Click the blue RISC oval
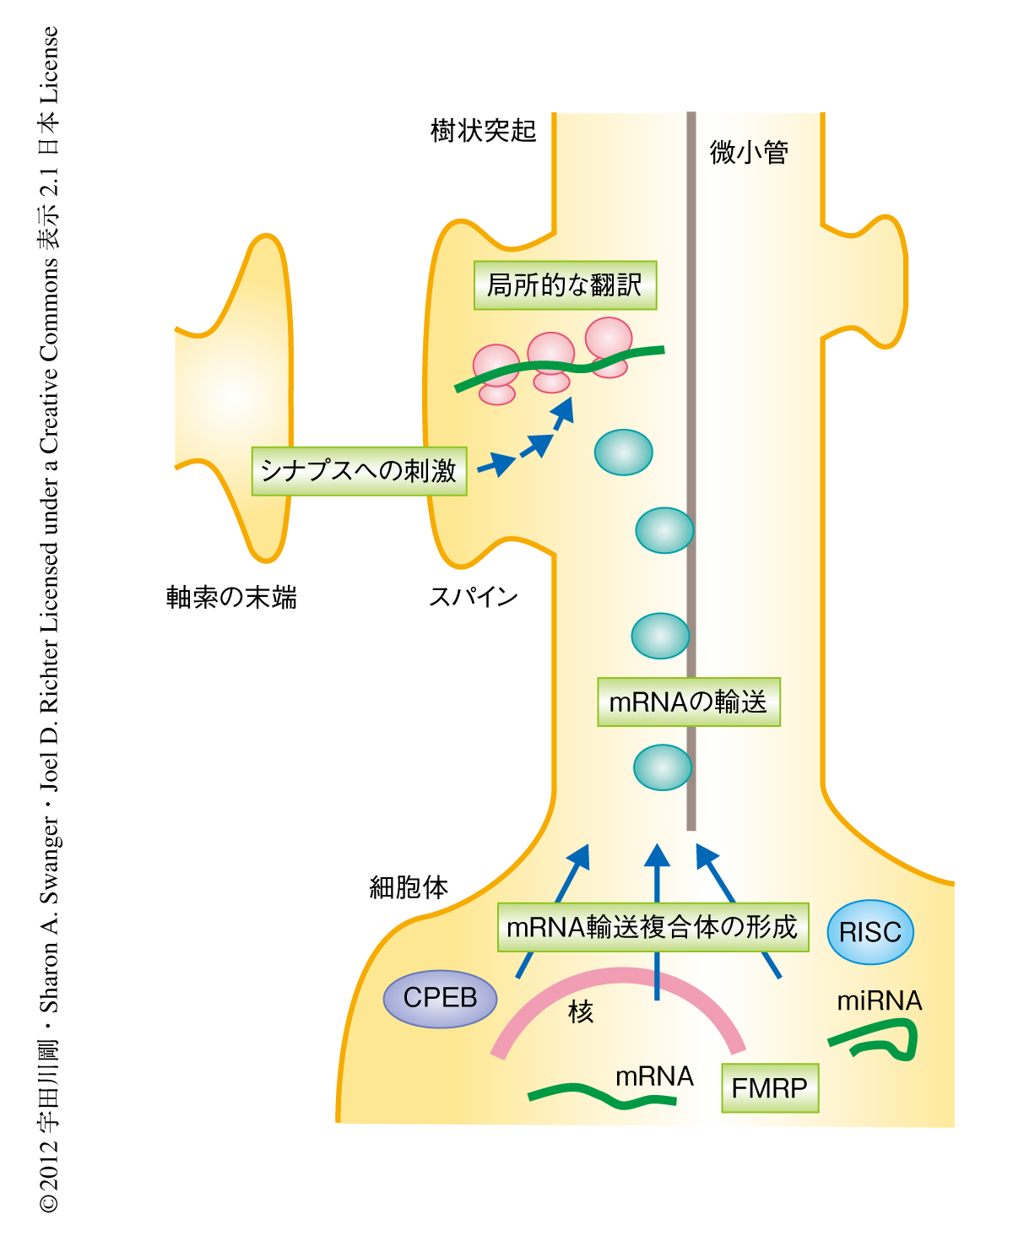(x=870, y=932)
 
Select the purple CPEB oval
(x=440, y=998)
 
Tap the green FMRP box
(x=770, y=1088)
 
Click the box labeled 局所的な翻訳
(x=565, y=285)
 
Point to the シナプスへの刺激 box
(x=359, y=471)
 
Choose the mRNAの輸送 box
(x=688, y=702)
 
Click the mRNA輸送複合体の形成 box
(x=653, y=927)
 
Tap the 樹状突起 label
(x=483, y=131)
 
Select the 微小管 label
(x=749, y=153)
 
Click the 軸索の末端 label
(x=231, y=598)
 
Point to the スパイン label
(x=473, y=597)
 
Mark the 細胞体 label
(x=409, y=887)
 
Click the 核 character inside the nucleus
(x=581, y=1011)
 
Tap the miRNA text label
(x=879, y=1001)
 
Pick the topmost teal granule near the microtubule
(x=623, y=453)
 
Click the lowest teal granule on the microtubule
(x=663, y=767)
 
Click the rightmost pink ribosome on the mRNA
(x=609, y=343)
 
